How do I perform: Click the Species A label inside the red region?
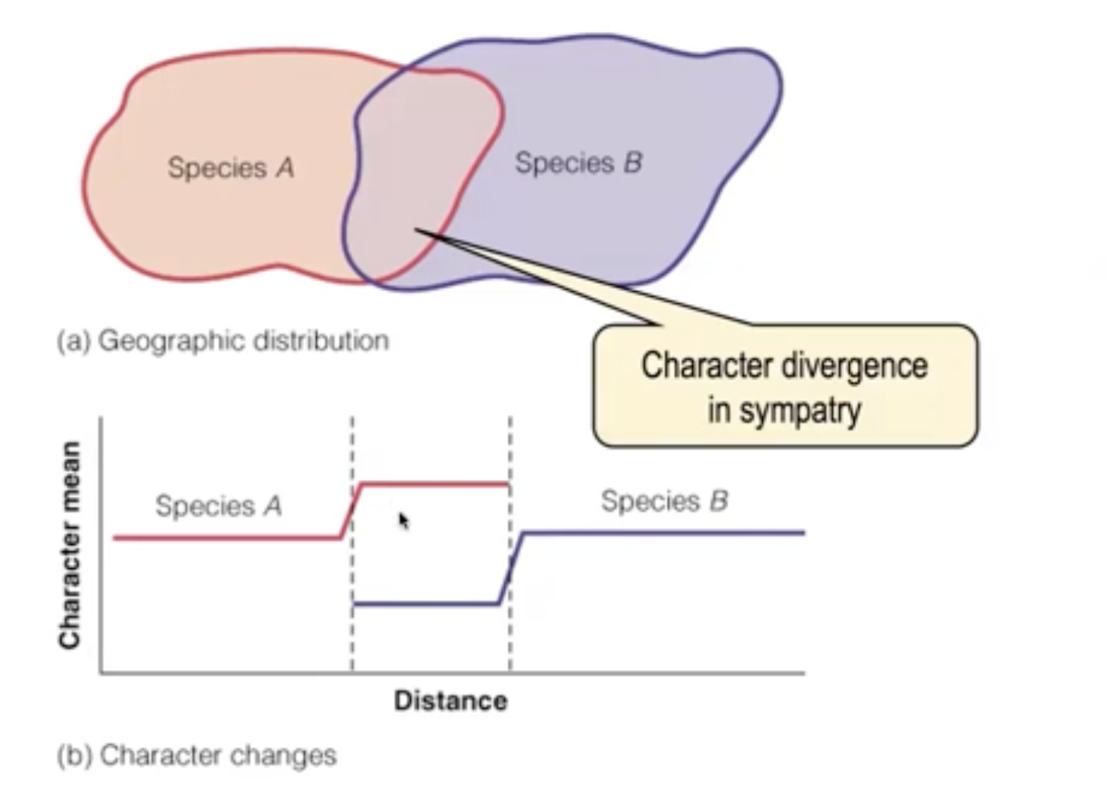pos(230,168)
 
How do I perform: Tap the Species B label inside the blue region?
pos(578,163)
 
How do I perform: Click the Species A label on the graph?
pos(218,505)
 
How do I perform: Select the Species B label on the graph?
pos(664,501)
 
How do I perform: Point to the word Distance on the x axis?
pos(451,701)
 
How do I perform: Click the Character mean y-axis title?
pos(70,544)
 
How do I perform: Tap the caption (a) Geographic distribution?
pos(223,341)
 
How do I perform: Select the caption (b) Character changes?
pos(197,754)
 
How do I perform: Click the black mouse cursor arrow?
pos(403,521)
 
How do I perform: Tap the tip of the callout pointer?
pos(416,231)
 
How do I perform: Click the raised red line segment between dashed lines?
pos(434,483)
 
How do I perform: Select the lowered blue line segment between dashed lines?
pos(426,604)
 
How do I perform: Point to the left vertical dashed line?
pos(352,637)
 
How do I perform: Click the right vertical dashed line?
pos(510,637)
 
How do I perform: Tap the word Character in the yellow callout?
pos(706,366)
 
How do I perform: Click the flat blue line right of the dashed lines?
pos(661,532)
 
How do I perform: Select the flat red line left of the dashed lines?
pos(227,538)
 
